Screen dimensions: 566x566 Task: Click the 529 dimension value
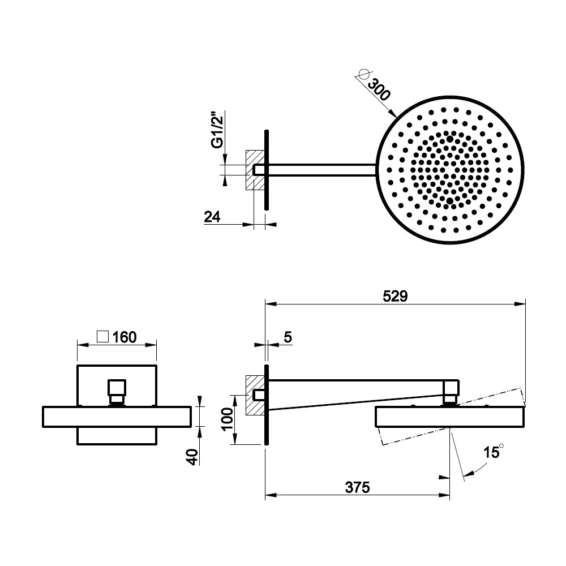[395, 297]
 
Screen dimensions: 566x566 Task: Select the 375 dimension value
[357, 488]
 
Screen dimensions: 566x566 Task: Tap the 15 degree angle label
[494, 452]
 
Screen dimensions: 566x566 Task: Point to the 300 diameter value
[379, 89]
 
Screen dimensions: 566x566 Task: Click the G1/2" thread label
[217, 130]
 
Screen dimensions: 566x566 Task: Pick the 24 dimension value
[212, 217]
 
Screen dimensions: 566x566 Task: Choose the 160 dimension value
[125, 337]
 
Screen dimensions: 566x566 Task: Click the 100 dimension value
[228, 419]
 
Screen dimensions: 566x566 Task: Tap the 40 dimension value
[192, 457]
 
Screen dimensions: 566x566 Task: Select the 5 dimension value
[288, 337]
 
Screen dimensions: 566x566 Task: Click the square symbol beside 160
[103, 337]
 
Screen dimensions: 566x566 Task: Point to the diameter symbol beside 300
[364, 74]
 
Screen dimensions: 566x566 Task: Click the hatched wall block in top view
[255, 170]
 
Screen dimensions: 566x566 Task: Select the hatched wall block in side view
[255, 395]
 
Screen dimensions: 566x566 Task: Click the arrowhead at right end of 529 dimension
[520, 305]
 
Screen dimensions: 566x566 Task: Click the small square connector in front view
[117, 387]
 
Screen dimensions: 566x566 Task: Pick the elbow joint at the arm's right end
[451, 387]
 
